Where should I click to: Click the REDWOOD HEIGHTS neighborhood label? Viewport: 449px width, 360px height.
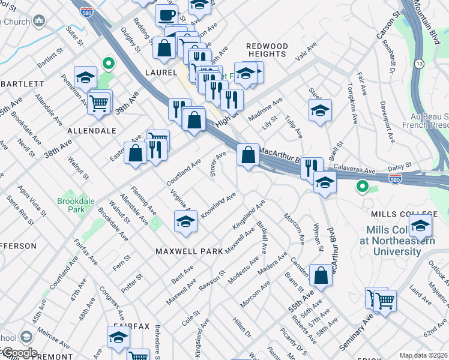267,50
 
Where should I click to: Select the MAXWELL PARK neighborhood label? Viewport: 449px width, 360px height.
185,251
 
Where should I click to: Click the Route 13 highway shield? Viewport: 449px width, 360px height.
418,63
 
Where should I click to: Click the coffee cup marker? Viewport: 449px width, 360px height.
166,14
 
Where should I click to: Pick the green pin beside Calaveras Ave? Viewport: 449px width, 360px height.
362,187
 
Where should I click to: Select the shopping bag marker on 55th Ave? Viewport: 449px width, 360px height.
321,275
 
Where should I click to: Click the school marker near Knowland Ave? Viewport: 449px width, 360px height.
185,221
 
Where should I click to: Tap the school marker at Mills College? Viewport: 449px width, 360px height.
420,226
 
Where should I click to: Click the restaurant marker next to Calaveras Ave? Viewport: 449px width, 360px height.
311,167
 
